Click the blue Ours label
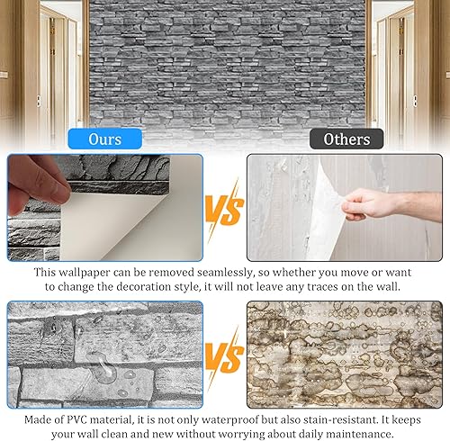(104, 139)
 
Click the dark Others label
(346, 139)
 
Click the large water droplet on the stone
(101, 366)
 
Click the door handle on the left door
(39, 101)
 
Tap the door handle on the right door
(415, 101)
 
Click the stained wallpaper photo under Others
(345, 355)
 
